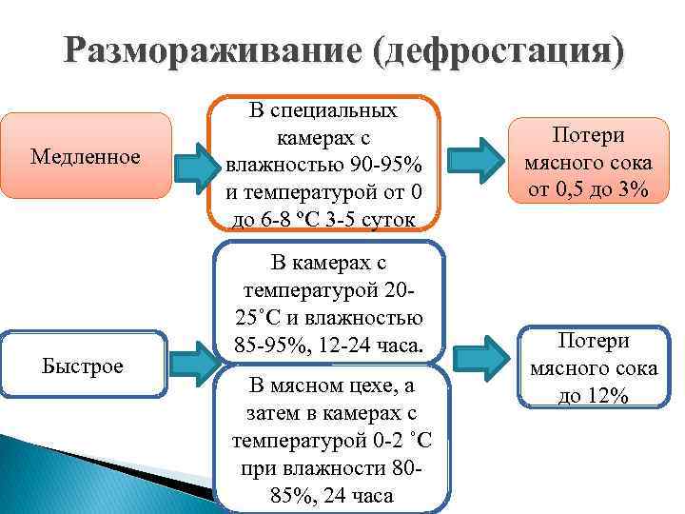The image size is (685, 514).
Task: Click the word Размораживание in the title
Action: pos(212,49)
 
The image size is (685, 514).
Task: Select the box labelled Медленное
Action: pos(86,156)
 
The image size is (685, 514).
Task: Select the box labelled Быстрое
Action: pos(85,366)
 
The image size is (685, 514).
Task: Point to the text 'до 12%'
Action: pos(594,395)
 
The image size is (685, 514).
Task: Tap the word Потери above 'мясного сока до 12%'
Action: pos(594,342)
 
